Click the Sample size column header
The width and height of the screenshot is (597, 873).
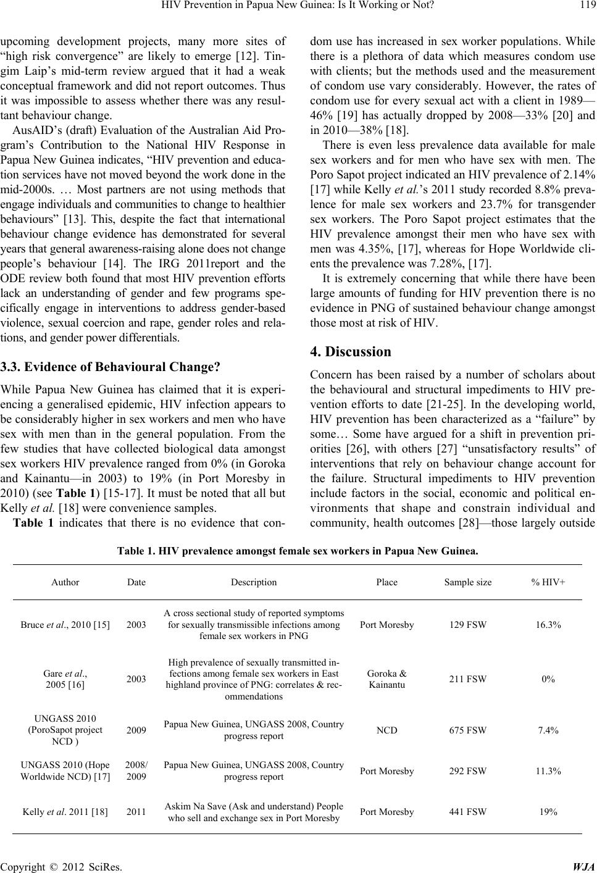coord(468,582)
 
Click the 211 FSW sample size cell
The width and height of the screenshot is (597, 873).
coord(468,679)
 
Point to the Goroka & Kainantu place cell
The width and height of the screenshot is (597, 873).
coord(386,679)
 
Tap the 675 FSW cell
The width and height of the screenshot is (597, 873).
coord(468,730)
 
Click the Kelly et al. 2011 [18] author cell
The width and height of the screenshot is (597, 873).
coord(65,812)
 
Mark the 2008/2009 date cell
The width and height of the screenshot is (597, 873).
coord(136,771)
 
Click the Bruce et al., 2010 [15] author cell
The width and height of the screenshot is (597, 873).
coord(65,625)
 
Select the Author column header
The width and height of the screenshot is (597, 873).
coord(65,582)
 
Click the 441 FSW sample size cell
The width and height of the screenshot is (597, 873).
coord(468,812)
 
